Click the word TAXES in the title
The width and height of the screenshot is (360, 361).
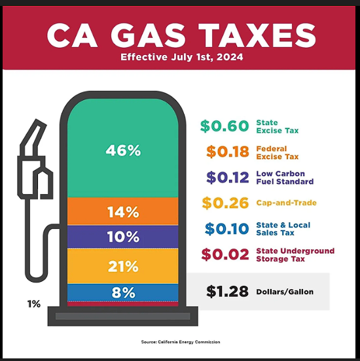coord(257,35)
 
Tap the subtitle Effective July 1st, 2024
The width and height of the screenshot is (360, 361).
coord(182,57)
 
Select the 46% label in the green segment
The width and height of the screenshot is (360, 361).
coord(123,150)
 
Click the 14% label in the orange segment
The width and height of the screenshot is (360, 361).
coord(123,212)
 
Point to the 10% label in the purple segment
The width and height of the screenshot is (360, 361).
coord(123,237)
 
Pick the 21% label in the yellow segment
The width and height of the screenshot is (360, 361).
coord(123,266)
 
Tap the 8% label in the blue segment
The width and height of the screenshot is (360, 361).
coord(123,292)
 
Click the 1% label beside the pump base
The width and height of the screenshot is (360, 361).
coord(34,304)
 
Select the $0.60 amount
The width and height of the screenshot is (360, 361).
coord(225,126)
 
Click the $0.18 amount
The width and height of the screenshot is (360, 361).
coord(228,152)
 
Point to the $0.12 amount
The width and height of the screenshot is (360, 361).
coord(228,177)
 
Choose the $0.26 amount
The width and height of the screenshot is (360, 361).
coord(225,203)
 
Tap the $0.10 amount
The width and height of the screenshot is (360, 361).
coord(226,229)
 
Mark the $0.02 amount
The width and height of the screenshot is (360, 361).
coord(225,254)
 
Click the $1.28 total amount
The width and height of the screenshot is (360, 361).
coord(227,292)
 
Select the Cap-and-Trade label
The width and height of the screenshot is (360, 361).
coord(286,203)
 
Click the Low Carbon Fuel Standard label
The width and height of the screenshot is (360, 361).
coord(285,177)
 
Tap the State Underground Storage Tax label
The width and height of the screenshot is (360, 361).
coord(295,254)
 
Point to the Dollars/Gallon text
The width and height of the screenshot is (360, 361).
coord(285,292)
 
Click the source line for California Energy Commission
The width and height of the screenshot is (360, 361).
coord(181,342)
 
